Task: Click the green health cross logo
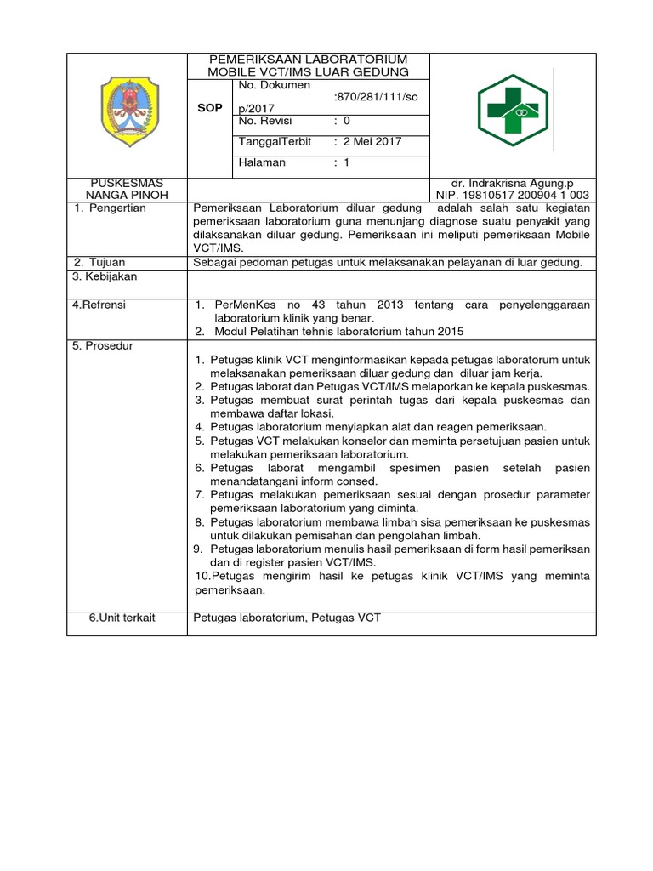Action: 514,111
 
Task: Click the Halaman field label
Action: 262,162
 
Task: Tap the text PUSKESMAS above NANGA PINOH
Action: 127,183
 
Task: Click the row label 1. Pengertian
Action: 110,208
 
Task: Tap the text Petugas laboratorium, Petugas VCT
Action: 287,618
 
